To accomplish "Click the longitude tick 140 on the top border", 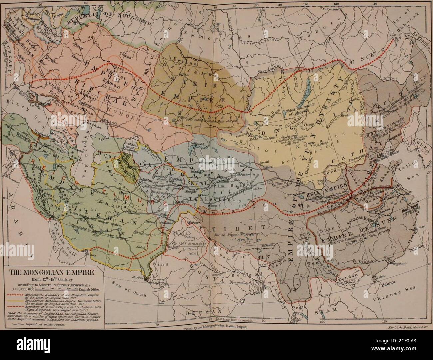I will click(375, 3).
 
